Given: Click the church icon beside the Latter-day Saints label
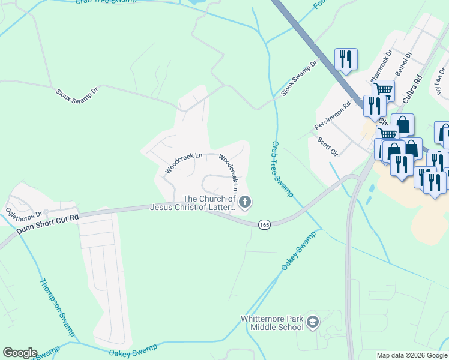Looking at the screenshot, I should coord(244,203).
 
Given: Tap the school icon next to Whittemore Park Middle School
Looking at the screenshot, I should coord(312,323).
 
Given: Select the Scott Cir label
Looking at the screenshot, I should coord(328,146).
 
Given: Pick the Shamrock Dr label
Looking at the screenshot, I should coord(381,66).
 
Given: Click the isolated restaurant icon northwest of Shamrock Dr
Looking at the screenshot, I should coord(346,59).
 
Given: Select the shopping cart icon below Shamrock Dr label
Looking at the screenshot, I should coord(382,90).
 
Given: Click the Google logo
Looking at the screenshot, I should coord(20,353).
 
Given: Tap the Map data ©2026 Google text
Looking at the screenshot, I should coord(412,355).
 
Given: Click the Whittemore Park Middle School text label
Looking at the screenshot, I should coord(271,323).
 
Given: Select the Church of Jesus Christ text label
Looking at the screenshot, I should coord(209,203).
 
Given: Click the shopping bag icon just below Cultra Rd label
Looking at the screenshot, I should coord(402,125).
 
